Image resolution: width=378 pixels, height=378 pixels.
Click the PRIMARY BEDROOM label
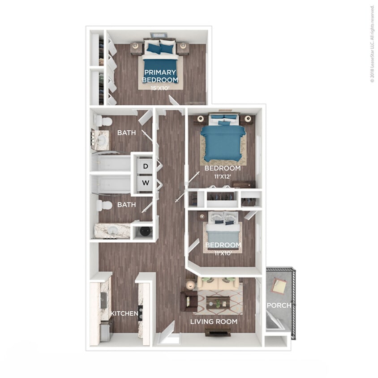tap(160, 76)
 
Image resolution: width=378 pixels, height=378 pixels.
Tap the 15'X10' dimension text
tap(160, 88)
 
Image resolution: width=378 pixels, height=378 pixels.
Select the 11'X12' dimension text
tap(223, 176)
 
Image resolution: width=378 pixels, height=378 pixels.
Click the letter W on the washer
tap(145, 183)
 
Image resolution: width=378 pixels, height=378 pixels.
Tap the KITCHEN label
tap(124, 314)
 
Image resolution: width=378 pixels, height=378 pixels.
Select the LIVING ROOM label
tap(214, 322)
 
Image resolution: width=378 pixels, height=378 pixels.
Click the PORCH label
tap(279, 305)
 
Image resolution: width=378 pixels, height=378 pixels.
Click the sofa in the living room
tap(218, 283)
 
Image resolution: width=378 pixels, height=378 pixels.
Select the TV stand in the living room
tap(218, 332)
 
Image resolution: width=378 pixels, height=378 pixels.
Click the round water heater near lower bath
tap(145, 231)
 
